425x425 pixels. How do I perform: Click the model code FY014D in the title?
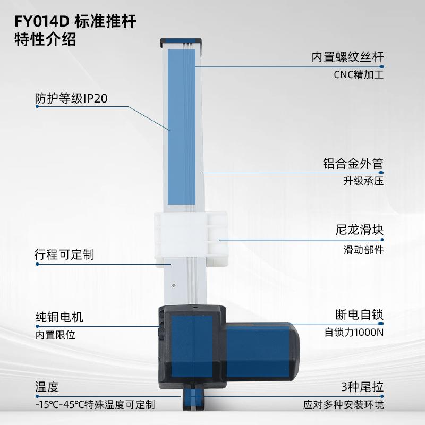(x=41, y=22)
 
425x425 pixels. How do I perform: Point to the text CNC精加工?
(x=359, y=75)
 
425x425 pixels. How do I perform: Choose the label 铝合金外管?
(x=353, y=163)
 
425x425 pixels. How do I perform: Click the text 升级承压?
(x=363, y=181)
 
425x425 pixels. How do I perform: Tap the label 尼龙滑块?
(x=360, y=231)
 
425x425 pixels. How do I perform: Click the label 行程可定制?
(x=64, y=254)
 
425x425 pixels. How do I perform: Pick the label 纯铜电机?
(x=59, y=318)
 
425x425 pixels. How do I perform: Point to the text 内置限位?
(x=55, y=335)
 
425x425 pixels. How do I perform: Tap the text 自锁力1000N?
(x=354, y=333)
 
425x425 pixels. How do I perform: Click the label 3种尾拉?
(x=362, y=387)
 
